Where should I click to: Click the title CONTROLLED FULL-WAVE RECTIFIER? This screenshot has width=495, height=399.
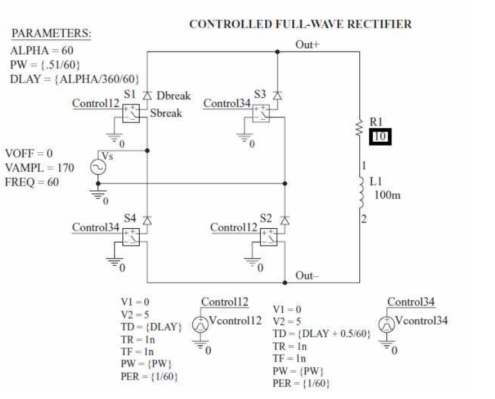click(x=300, y=24)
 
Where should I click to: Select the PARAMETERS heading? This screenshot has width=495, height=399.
click(x=52, y=34)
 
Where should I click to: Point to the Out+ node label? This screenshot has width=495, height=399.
click(x=307, y=44)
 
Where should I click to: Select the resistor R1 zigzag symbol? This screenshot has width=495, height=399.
click(x=359, y=131)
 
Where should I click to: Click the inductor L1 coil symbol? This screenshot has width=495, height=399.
click(x=359, y=191)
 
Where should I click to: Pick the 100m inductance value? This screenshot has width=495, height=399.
click(x=387, y=195)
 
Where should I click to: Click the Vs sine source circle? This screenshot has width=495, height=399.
click(x=100, y=168)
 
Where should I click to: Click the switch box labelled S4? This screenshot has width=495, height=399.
click(x=131, y=237)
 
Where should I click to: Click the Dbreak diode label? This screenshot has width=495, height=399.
click(x=173, y=95)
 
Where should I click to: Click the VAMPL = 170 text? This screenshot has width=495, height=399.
click(x=39, y=168)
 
